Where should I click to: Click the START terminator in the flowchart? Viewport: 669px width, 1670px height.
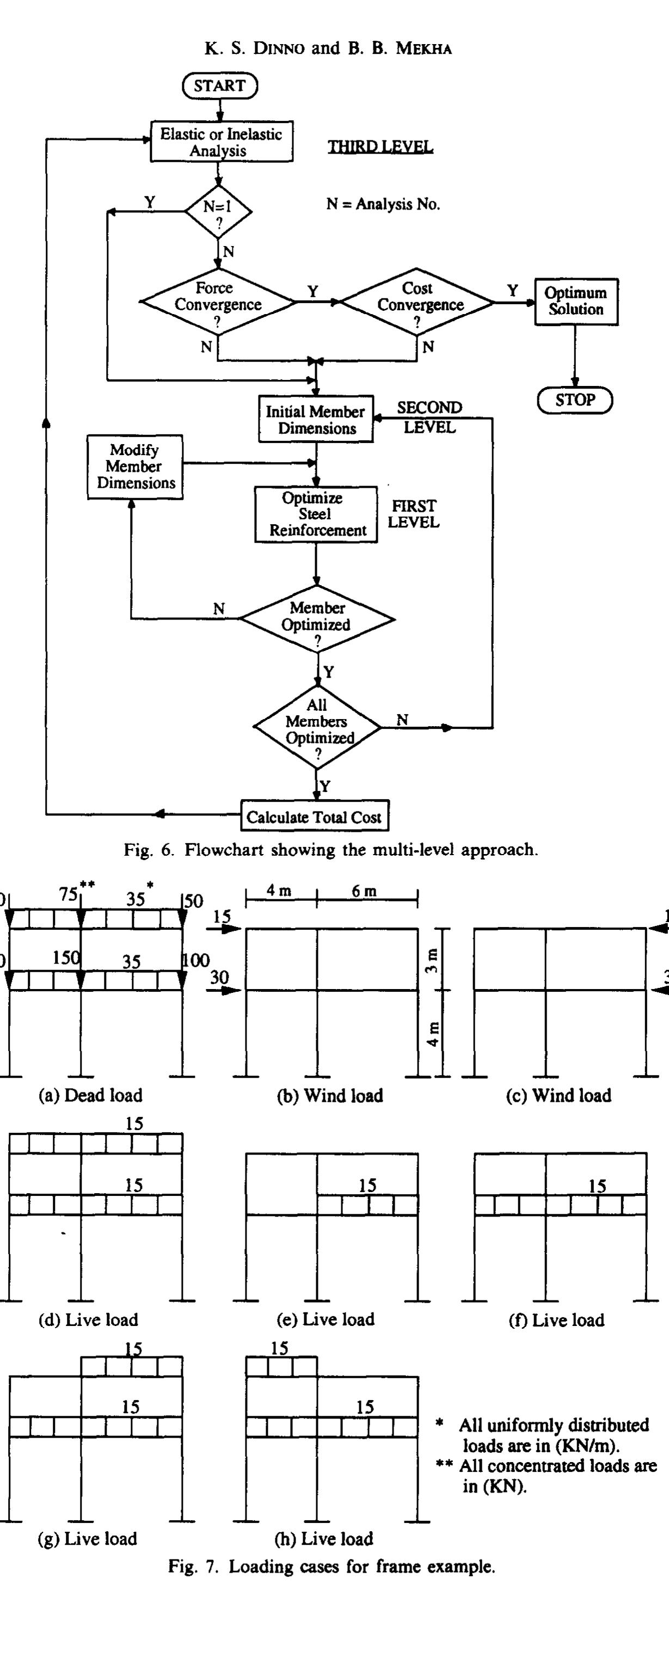coord(220,85)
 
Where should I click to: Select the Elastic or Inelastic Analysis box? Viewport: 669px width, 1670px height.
coord(221,142)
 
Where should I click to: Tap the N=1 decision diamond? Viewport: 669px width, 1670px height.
coord(218,211)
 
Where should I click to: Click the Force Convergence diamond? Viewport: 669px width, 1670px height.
coord(218,302)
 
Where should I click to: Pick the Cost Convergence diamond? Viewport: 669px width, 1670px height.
coord(418,302)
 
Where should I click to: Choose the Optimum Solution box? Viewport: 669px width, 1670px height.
coord(576,302)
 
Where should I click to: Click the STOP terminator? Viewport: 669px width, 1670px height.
coord(574,400)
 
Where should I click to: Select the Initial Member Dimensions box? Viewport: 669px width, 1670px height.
coord(316,420)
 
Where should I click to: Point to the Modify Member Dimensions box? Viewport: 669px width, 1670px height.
coord(135,467)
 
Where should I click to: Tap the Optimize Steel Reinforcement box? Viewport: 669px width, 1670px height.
coord(316,514)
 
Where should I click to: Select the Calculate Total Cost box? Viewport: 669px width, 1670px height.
coord(315,817)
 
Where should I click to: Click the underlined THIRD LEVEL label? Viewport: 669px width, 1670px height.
coord(380,146)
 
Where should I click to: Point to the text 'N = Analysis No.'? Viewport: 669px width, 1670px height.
coord(383,204)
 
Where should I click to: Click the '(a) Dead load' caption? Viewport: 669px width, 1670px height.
coord(90,1095)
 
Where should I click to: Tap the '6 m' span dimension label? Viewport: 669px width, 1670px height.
coord(364,892)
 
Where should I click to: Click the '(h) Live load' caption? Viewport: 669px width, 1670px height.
coord(325,1538)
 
